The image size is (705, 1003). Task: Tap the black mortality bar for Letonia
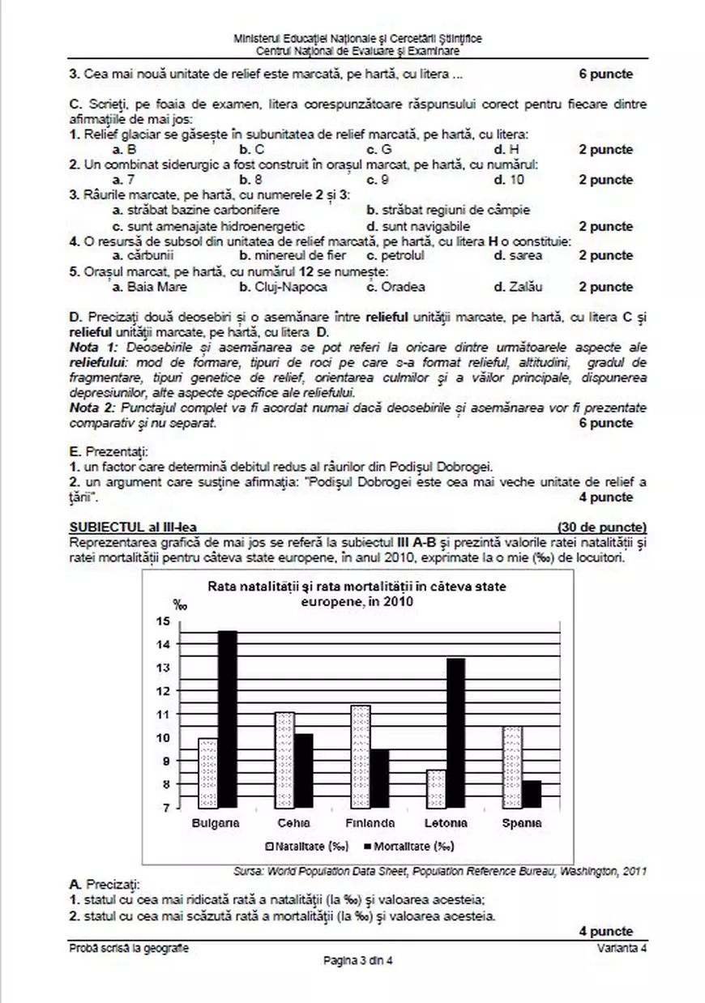click(455, 733)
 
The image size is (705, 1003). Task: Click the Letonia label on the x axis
click(446, 823)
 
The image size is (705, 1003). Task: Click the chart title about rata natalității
click(358, 594)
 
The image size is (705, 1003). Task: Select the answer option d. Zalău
click(518, 287)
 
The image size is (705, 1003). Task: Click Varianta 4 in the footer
click(622, 948)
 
